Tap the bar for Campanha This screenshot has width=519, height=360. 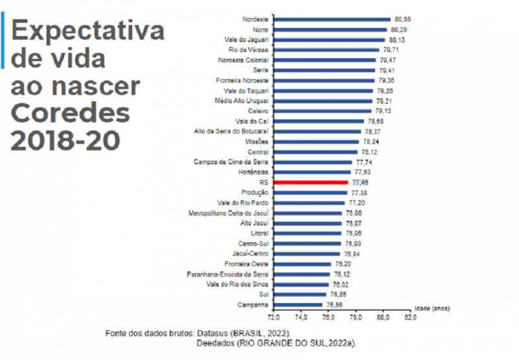pyautogui.click(x=298, y=304)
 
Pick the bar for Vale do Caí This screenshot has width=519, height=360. pyautogui.click(x=319, y=121)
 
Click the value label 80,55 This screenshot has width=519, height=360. pyautogui.click(x=404, y=19)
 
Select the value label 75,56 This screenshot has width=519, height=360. pyautogui.click(x=334, y=304)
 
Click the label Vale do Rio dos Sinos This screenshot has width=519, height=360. pyautogui.click(x=237, y=283)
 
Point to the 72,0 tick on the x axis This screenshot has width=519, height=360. pyautogui.click(x=274, y=318)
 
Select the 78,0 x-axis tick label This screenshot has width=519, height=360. pyautogui.click(x=356, y=318)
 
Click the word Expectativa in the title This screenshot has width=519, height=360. pyautogui.click(x=88, y=30)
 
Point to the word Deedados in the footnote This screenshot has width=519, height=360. pyautogui.click(x=218, y=342)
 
